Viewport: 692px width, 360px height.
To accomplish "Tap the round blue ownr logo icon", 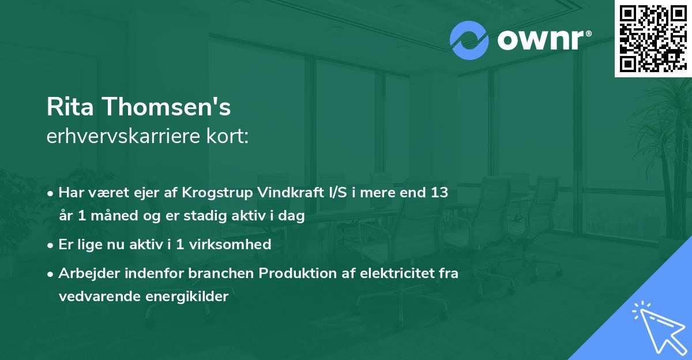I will click(469, 40).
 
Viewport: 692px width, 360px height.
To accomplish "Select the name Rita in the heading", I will click(68, 107).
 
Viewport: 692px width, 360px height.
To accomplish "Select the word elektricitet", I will click(394, 273).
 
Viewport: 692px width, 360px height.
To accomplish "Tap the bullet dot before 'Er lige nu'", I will click(51, 245).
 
